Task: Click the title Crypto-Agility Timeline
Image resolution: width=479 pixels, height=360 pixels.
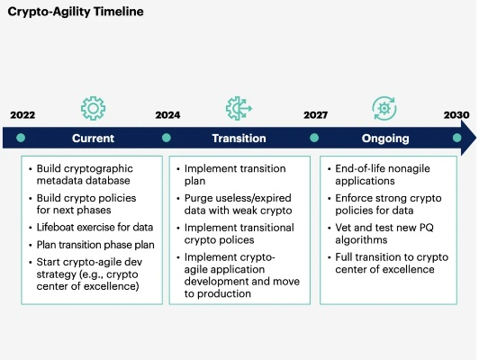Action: [75, 13]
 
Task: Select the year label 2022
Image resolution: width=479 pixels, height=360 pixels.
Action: [23, 115]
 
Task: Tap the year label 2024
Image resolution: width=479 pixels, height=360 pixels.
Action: [167, 115]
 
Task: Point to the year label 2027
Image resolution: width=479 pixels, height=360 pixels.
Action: [315, 115]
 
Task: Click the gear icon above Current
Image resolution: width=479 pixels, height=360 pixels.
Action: [93, 108]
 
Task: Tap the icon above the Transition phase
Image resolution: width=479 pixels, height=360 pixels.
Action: [239, 108]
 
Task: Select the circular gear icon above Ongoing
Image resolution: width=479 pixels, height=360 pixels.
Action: [384, 108]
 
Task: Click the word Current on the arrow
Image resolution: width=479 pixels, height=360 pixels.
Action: [93, 139]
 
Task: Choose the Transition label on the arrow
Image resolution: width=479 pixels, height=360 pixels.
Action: [239, 139]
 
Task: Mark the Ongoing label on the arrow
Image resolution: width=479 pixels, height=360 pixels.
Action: [385, 139]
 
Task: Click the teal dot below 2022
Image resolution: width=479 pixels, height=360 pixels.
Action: [21, 139]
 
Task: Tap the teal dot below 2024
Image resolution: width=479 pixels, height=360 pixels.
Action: [167, 139]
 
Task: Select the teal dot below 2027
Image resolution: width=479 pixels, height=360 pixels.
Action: [314, 139]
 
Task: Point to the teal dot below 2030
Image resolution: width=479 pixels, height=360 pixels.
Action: [456, 139]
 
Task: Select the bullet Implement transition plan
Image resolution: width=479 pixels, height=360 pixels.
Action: [235, 175]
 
